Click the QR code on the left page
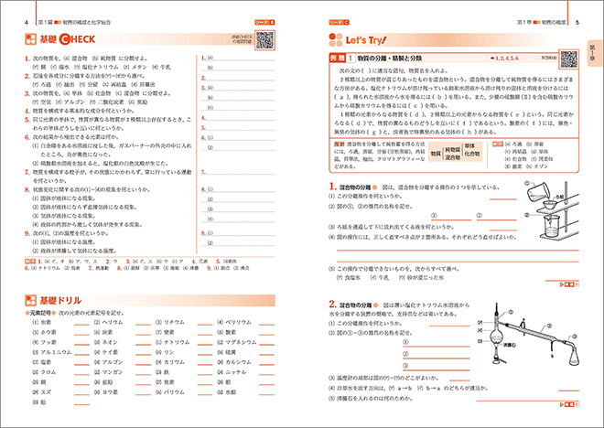pos(264,39)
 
